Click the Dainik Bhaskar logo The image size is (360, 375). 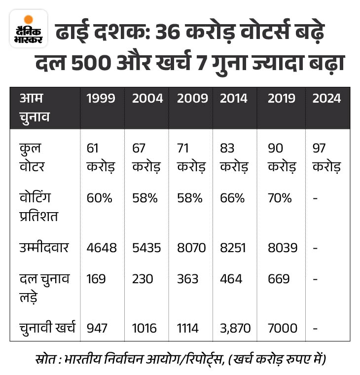[29, 29]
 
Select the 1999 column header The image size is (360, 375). [101, 98]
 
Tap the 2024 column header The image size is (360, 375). [326, 98]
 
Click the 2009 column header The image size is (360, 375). [192, 98]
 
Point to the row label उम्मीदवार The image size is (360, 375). [44, 247]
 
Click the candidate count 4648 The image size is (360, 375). [102, 248]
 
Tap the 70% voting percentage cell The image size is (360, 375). [280, 198]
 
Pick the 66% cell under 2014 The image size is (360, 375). [232, 198]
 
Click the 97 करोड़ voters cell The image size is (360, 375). [326, 157]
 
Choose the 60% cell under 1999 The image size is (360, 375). [99, 198]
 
